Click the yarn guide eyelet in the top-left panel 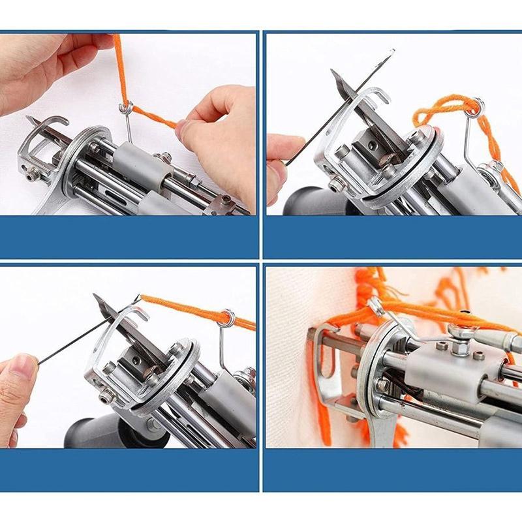pyautogui.click(x=127, y=108)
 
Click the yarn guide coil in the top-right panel pyautogui.click(x=478, y=104)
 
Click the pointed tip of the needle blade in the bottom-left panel pyautogui.click(x=95, y=296)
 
